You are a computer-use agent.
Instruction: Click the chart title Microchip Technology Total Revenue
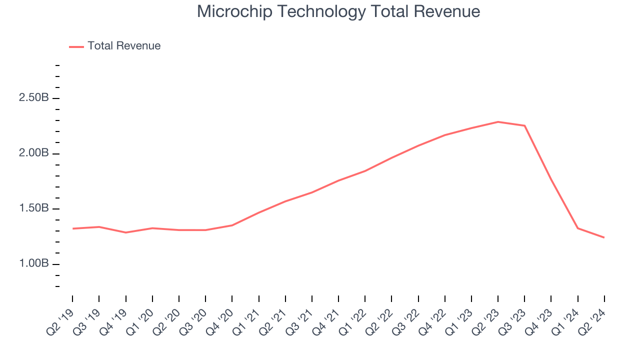pos(338,11)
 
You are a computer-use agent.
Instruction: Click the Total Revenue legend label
pos(124,46)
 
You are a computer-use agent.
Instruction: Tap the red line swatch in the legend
pos(76,46)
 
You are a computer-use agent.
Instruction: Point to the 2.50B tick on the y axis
pos(34,98)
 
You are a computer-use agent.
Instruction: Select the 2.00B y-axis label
pos(34,153)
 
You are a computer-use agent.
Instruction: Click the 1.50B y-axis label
pos(34,208)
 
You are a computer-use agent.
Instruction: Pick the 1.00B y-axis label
pos(34,264)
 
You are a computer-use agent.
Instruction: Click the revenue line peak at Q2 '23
pos(498,121)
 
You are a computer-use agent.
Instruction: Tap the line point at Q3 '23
pos(524,125)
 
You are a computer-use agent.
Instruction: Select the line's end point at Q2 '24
pos(604,237)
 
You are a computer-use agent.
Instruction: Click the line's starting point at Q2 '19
pos(72,228)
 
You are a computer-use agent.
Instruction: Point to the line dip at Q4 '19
pos(125,232)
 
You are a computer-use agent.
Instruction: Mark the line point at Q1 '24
pos(577,228)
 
